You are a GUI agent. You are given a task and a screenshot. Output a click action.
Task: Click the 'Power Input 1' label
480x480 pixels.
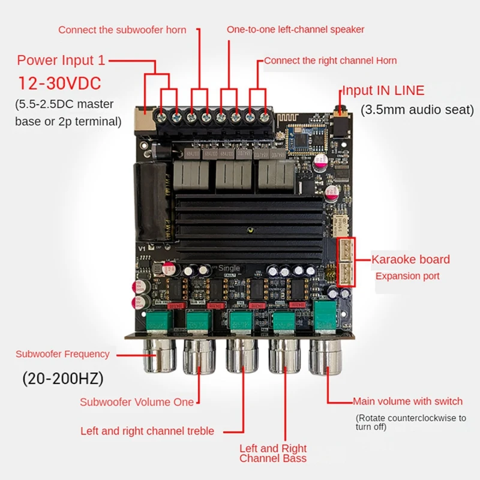(61, 60)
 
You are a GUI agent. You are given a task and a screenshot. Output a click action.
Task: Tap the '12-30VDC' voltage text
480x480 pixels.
(59, 82)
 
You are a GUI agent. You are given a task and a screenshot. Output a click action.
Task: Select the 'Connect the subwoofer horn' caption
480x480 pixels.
(122, 30)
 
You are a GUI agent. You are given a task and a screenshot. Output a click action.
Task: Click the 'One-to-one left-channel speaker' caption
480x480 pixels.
(295, 29)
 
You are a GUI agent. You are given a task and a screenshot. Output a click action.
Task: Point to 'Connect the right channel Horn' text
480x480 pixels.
(330, 60)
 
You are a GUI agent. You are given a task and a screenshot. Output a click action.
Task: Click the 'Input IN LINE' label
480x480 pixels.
(383, 91)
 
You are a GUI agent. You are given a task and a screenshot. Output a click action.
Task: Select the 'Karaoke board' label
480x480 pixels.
(410, 260)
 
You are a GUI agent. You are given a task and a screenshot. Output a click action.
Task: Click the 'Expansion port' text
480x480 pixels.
(407, 276)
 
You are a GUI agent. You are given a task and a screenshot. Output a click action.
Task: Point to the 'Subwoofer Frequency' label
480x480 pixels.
(62, 354)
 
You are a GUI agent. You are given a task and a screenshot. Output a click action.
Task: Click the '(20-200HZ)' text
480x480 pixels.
(62, 379)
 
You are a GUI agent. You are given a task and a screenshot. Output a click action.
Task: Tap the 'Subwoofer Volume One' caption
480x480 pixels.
(137, 402)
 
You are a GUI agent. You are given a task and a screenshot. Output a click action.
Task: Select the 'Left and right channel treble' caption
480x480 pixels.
(147, 431)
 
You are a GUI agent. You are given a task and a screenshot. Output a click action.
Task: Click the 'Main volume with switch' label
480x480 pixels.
(407, 401)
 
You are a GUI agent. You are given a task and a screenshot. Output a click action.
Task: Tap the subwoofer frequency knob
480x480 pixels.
(158, 356)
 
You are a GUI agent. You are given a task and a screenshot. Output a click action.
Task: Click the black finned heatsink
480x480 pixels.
(249, 228)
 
